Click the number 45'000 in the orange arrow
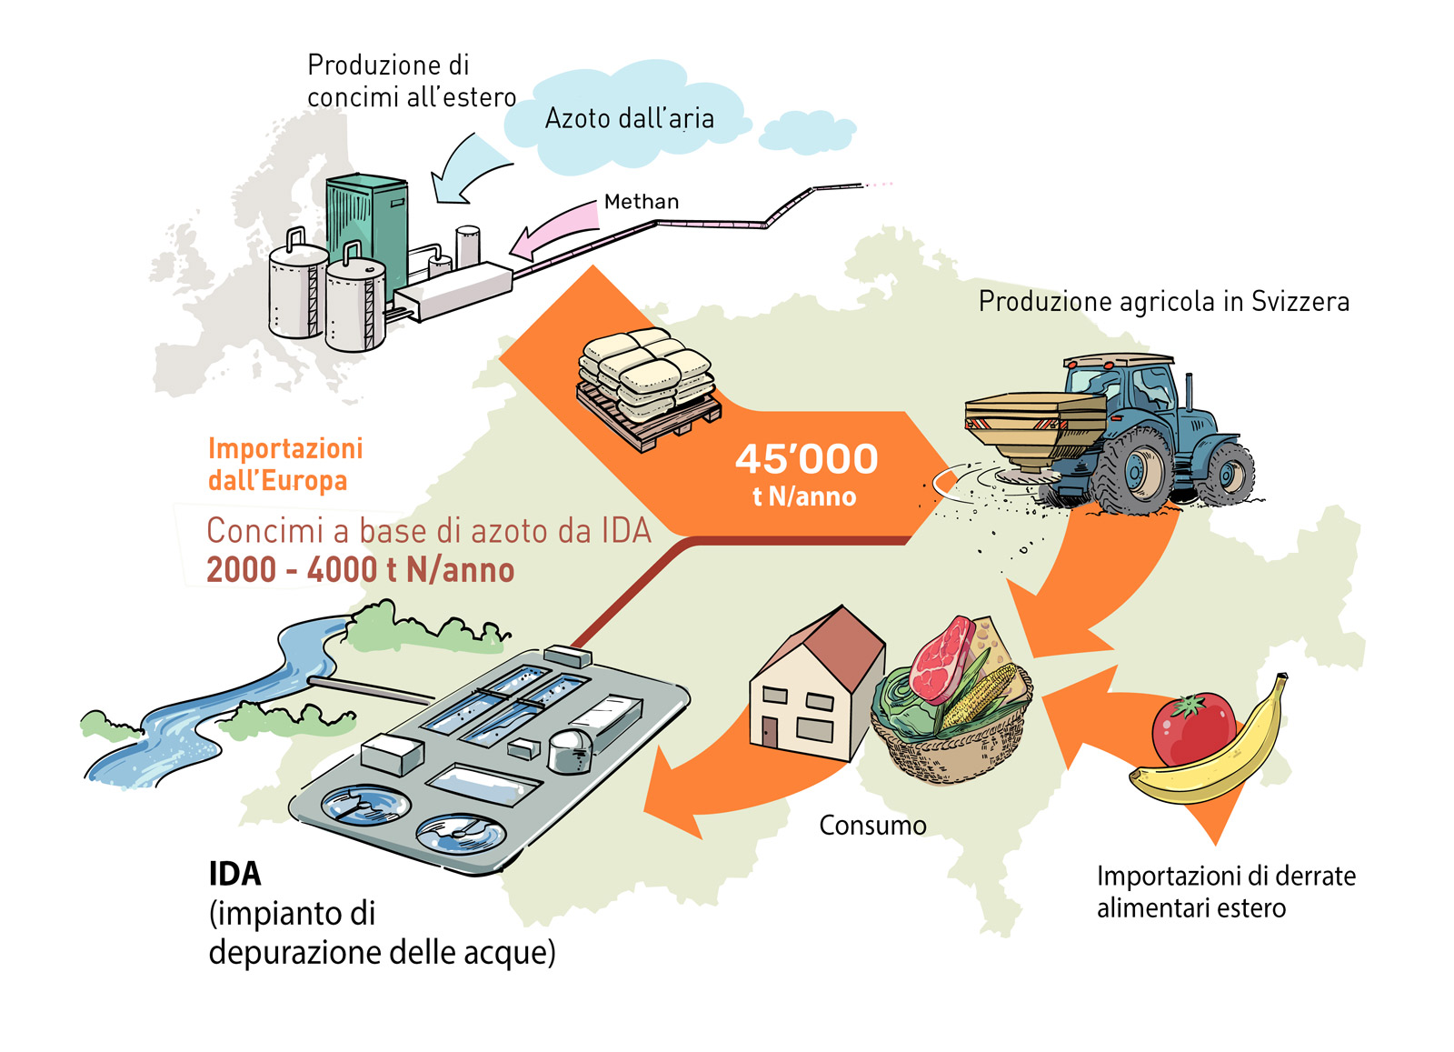[x=806, y=459]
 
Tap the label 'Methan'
[x=642, y=202]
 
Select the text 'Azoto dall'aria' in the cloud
[x=629, y=119]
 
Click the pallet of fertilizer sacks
[x=646, y=386]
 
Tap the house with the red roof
[x=814, y=686]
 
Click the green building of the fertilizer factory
[x=367, y=227]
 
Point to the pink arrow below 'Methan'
[x=550, y=231]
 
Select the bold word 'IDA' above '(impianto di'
[x=234, y=874]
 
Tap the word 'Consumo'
[x=872, y=826]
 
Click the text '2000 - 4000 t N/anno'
[x=360, y=570]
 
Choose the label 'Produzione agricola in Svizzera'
[x=1163, y=302]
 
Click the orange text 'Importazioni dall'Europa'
[x=284, y=465]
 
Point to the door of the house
[x=770, y=732]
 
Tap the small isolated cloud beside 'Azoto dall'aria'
[x=806, y=134]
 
